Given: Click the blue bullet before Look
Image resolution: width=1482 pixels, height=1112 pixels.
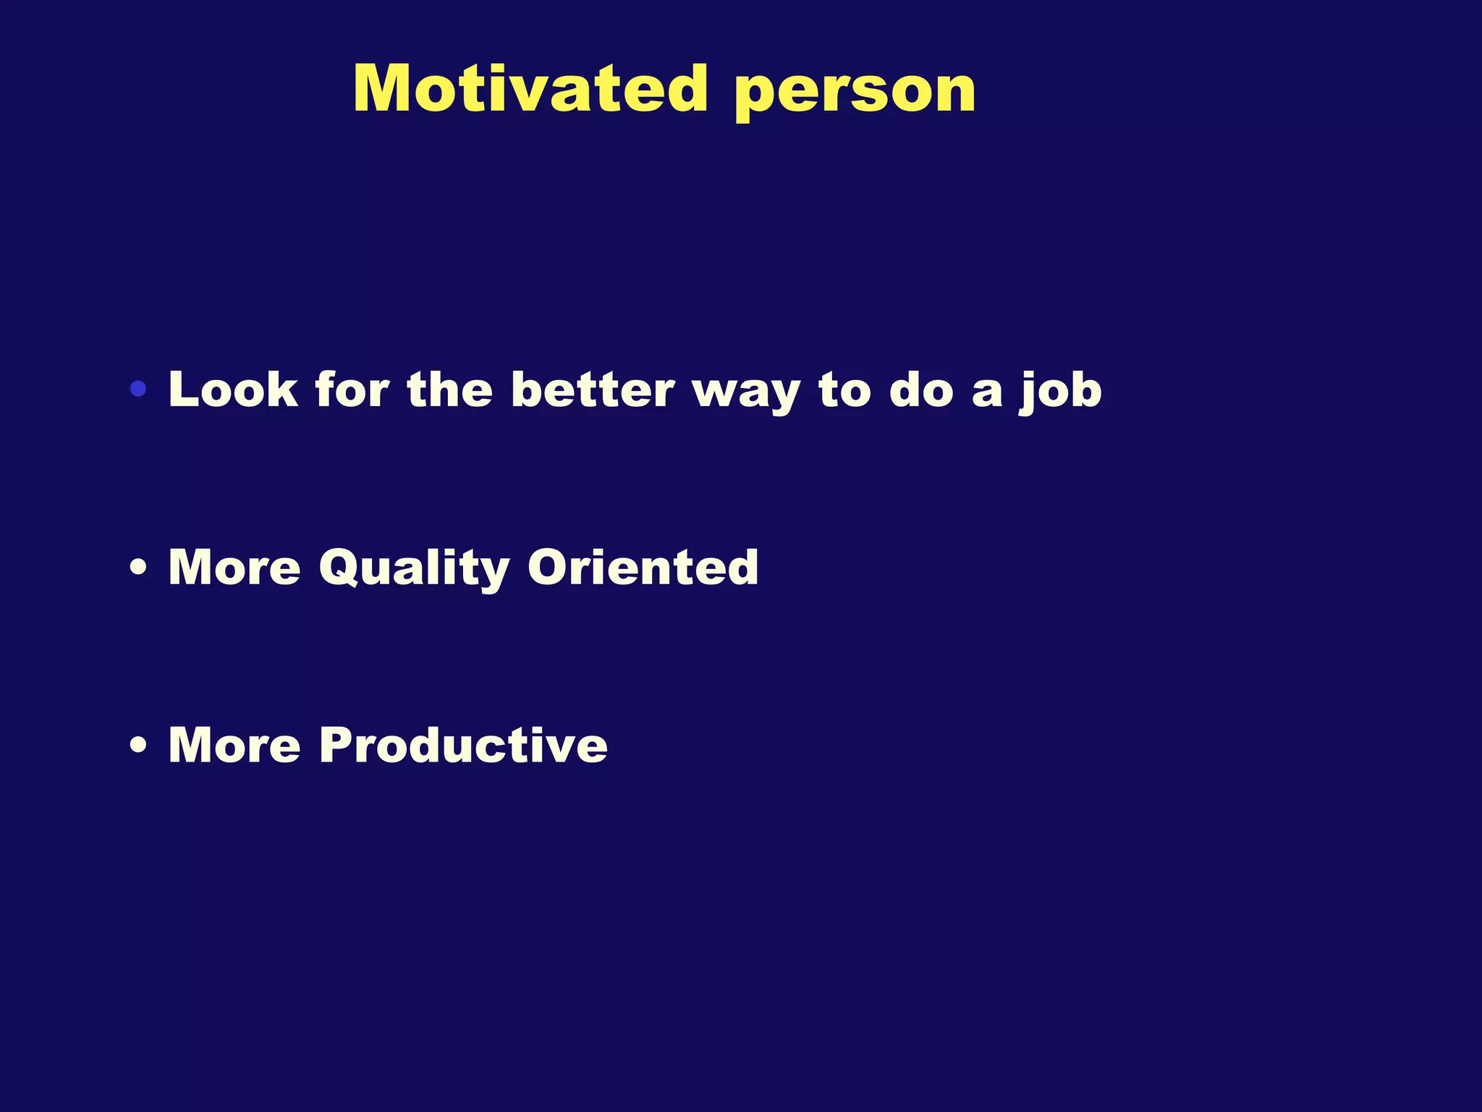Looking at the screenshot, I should (x=138, y=389).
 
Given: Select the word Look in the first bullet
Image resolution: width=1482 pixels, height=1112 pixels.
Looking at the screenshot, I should (x=233, y=389).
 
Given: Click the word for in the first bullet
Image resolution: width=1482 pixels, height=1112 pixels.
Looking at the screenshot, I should (x=352, y=389).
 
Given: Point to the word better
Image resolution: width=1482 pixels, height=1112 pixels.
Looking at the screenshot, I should (x=593, y=389).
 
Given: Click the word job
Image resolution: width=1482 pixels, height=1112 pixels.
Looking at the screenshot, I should (x=1061, y=391).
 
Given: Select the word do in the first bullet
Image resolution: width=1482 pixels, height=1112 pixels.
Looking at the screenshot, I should (x=921, y=389).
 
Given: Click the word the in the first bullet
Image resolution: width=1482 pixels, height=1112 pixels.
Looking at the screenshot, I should (x=450, y=389).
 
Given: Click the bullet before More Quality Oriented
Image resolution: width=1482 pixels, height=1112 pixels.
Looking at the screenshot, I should (x=138, y=567).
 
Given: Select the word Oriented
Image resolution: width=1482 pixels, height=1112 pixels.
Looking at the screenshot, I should (x=643, y=566).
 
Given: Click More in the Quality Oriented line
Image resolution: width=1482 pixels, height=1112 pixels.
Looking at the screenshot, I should (x=234, y=566).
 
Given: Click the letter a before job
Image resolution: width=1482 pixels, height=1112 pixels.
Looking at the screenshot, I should (x=987, y=393).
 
